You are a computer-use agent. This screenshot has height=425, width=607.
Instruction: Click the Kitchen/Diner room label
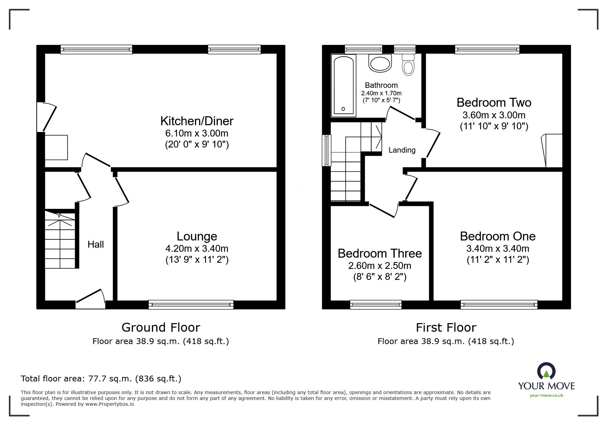(197, 121)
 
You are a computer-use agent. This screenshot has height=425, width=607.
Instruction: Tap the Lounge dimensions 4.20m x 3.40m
(197, 248)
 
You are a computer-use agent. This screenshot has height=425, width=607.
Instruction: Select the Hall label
(96, 245)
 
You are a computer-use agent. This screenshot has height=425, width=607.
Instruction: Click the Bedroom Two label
(494, 103)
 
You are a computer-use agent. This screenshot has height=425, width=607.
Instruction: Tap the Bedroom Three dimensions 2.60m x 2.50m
(380, 266)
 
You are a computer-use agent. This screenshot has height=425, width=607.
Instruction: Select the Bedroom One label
(498, 236)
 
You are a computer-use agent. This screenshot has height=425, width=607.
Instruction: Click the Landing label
(402, 150)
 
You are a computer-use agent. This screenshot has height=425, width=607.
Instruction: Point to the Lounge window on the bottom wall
(191, 304)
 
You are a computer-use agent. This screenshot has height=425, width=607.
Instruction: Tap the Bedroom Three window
(376, 304)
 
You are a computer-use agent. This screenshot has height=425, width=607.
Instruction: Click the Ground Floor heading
(161, 328)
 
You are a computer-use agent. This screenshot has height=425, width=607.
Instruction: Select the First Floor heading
(446, 328)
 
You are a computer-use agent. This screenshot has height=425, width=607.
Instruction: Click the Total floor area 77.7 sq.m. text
(101, 379)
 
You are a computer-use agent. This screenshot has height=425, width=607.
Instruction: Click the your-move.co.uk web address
(546, 396)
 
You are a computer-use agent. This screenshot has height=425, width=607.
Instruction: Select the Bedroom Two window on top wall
(487, 50)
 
